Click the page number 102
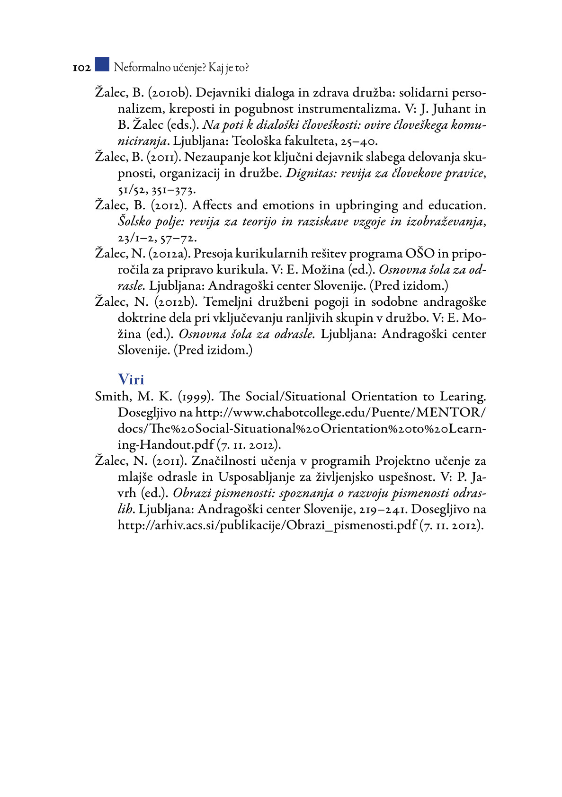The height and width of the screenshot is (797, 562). [81, 68]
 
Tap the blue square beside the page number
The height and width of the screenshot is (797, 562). [102, 64]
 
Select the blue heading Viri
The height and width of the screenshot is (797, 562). [131, 380]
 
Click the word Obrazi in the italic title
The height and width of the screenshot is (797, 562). [191, 493]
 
